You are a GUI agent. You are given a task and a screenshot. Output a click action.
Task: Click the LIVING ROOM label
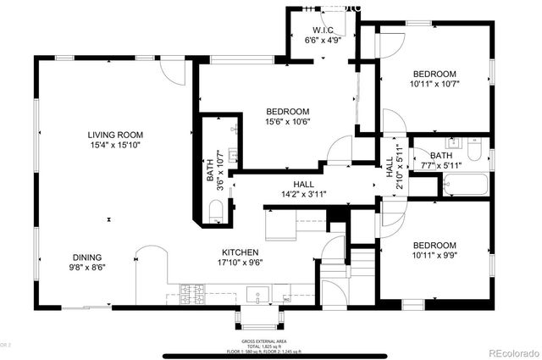(115, 135)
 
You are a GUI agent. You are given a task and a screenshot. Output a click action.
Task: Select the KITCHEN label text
(240, 252)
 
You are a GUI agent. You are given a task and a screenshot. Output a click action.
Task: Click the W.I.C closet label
(321, 31)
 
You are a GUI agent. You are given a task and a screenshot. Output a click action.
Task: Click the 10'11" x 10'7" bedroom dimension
(446, 84)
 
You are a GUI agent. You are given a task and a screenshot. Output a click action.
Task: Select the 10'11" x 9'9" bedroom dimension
(446, 253)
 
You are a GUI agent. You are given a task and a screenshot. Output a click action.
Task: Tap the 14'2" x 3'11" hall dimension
(298, 194)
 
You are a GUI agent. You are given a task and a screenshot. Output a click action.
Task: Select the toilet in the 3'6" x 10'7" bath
(215, 210)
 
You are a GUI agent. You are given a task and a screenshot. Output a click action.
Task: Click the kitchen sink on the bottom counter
(257, 295)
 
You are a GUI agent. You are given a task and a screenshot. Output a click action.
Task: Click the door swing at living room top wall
(172, 71)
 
